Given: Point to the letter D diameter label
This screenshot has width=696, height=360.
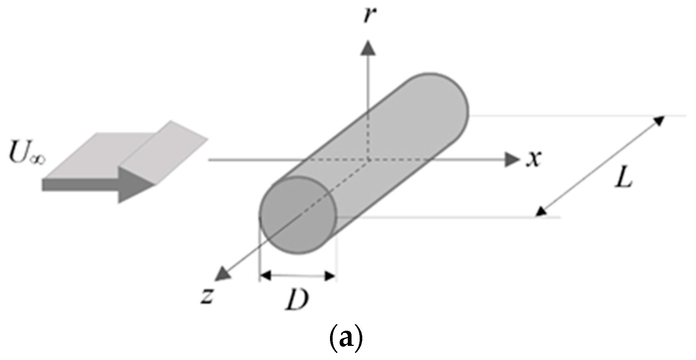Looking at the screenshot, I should click(x=297, y=299).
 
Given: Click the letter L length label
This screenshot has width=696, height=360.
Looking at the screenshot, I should click(x=624, y=180).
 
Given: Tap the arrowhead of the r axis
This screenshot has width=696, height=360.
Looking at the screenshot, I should click(x=368, y=49).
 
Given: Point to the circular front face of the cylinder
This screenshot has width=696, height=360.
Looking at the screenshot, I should click(x=298, y=215).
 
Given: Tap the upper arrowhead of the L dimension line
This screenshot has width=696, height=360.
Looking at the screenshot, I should click(x=658, y=120).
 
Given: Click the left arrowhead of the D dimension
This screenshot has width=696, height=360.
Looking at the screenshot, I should click(x=265, y=275).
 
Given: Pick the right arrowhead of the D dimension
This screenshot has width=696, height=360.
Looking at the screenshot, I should click(x=330, y=275).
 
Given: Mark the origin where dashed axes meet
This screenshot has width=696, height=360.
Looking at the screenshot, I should click(x=368, y=160).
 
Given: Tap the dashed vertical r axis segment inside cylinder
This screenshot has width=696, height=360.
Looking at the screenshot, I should click(x=368, y=137).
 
